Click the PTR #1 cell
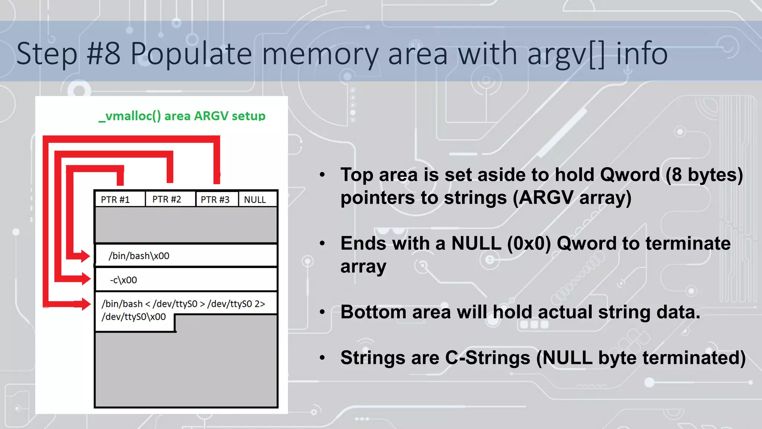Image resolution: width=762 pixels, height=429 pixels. tap(119, 199)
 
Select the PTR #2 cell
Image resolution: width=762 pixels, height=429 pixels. tap(170, 199)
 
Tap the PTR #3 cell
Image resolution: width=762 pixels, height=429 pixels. tap(217, 199)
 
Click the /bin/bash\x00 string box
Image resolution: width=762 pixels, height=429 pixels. tap(186, 255)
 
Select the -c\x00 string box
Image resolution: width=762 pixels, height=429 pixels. tap(186, 279)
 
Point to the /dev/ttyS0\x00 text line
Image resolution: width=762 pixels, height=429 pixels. tap(134, 317)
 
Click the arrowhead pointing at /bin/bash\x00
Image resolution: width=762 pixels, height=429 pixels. tap(85, 256)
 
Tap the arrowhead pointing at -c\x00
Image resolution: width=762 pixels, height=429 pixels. tap(85, 279)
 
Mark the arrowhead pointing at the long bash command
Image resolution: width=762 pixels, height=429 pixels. tap(85, 304)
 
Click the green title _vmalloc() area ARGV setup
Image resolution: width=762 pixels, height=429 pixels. tap(182, 116)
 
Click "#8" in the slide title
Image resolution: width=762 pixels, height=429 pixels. tap(104, 54)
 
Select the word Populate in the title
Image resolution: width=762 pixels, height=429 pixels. tap(191, 54)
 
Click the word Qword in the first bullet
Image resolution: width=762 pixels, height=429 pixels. tap(630, 175)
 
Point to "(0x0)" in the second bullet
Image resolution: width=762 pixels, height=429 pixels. tap(529, 244)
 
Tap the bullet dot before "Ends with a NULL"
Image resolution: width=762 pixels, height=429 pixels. tap(322, 244)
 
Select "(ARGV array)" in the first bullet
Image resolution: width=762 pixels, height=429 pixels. tap(572, 197)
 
